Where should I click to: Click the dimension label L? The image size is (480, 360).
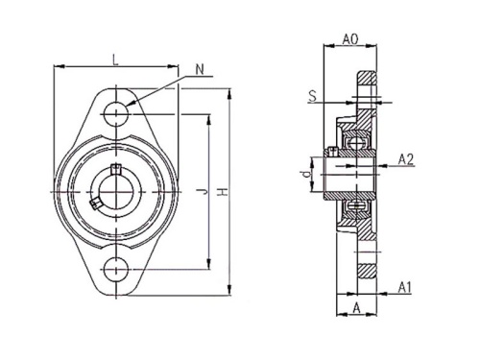[115, 60]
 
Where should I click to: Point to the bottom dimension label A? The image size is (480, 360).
[356, 308]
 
